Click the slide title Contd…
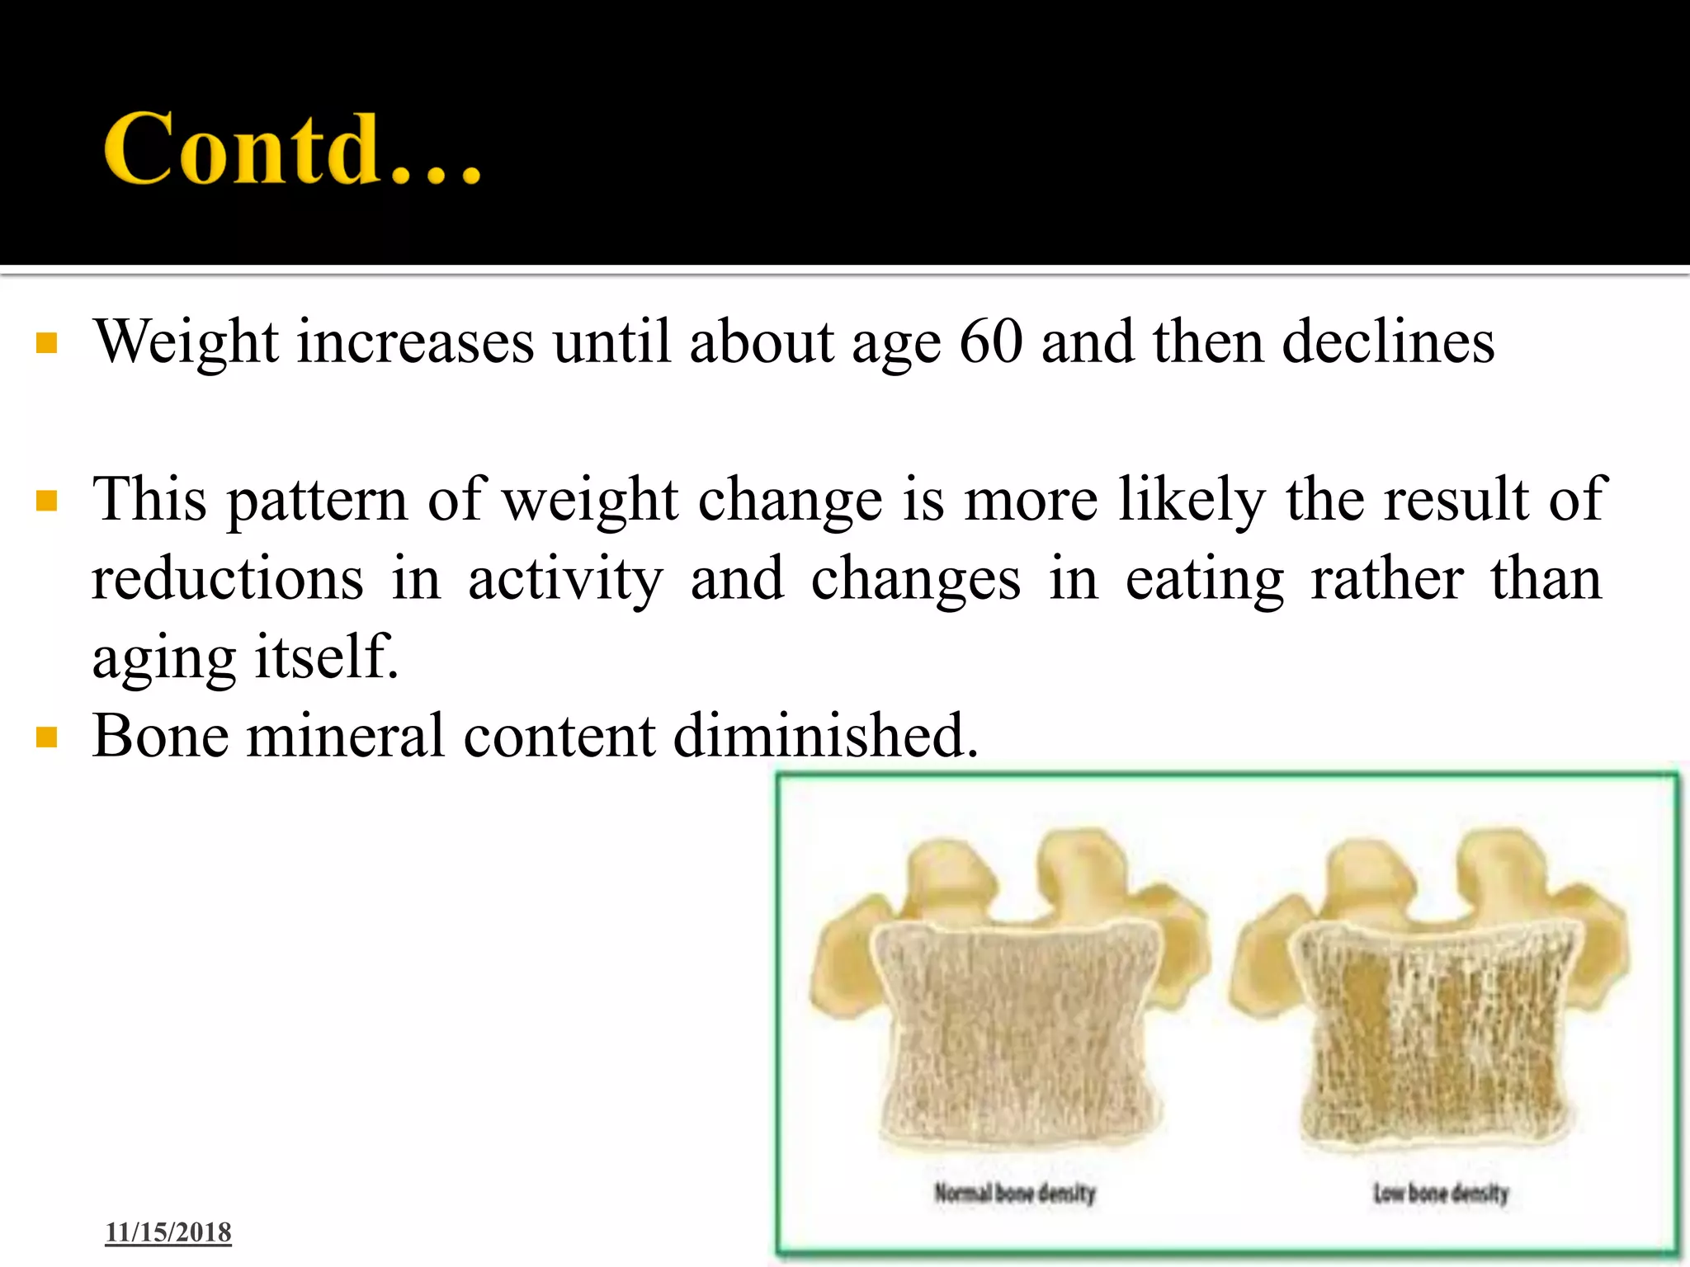pos(292,148)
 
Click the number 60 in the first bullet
pos(991,341)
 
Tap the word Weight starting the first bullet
pos(186,341)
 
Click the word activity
pos(565,579)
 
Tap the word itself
pos(327,657)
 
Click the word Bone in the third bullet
pos(160,736)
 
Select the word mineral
pos(346,736)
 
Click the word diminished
pos(825,736)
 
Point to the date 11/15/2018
pos(168,1232)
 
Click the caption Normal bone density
pos(1015,1193)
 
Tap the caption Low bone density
pos(1441,1193)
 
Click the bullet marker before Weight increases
pos(47,343)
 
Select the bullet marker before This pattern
pos(47,502)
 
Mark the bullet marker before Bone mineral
pos(47,737)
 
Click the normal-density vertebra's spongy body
pos(1015,1039)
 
